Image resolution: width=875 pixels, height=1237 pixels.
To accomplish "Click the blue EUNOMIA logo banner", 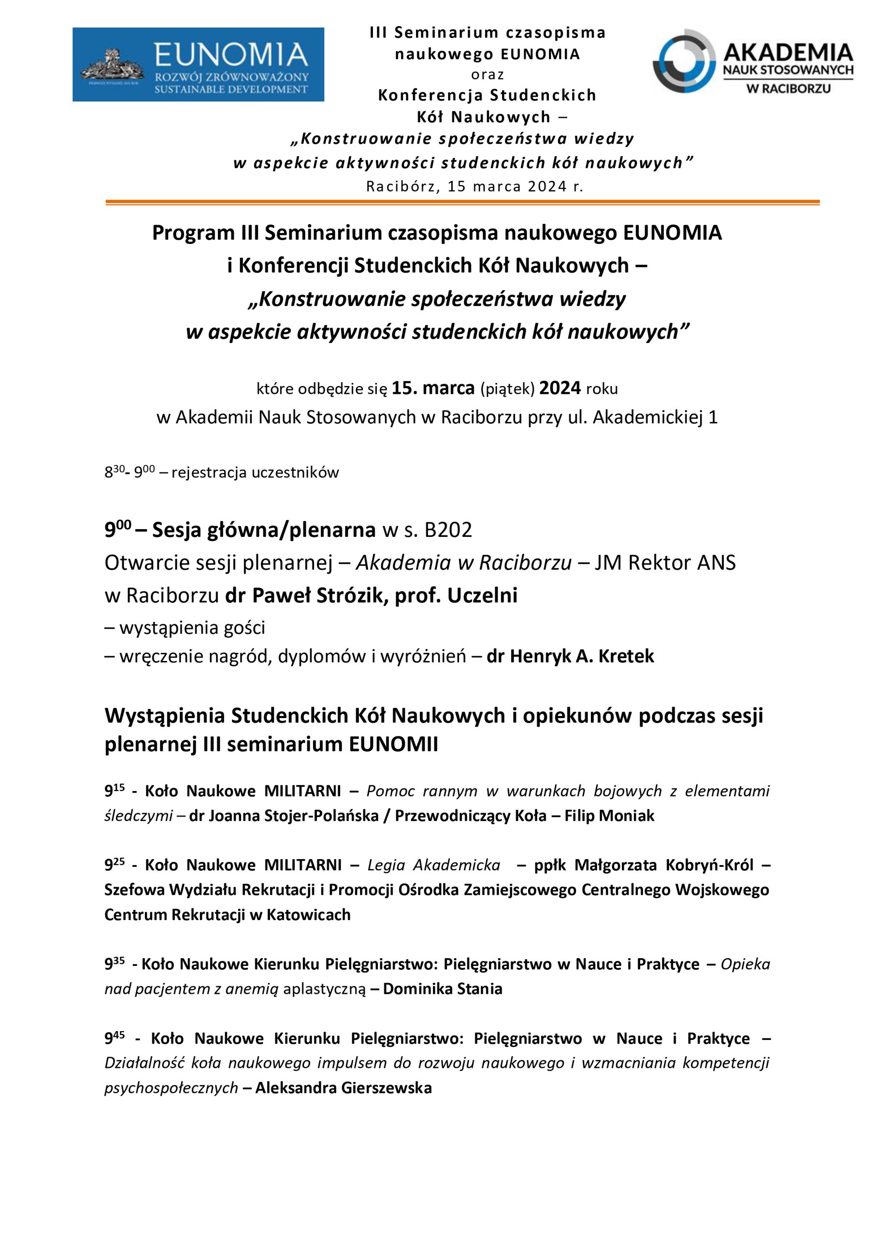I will point(198,64).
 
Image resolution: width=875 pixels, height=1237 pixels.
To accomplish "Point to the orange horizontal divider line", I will point(462,202).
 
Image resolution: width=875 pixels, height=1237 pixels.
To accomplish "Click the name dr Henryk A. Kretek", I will point(570,656).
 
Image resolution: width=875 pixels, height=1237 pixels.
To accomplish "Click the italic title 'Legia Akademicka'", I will point(434,865).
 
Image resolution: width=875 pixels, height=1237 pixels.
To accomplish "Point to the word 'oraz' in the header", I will point(487,74).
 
